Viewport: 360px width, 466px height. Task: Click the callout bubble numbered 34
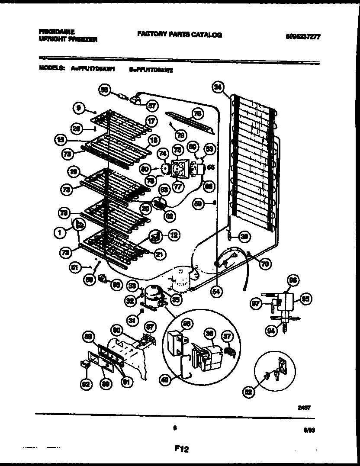(218, 87)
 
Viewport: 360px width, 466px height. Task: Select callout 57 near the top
(151, 105)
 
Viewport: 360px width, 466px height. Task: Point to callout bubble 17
(150, 122)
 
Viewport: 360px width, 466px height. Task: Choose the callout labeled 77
(177, 187)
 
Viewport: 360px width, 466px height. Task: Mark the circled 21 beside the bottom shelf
(160, 255)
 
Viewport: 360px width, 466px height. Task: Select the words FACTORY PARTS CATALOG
(180, 35)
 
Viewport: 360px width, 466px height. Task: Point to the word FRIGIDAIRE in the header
(57, 32)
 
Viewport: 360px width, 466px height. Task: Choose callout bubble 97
(256, 304)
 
